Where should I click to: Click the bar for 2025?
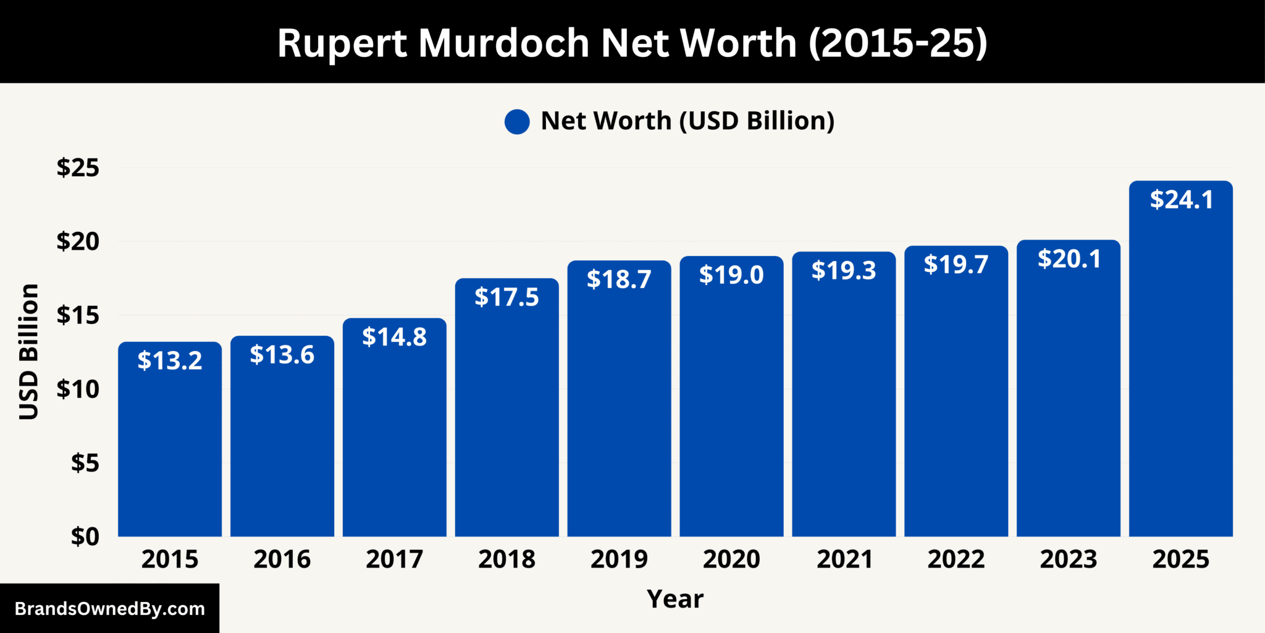click(1180, 371)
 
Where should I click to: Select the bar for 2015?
click(170, 445)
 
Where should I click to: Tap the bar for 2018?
click(506, 420)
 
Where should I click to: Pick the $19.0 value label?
click(731, 275)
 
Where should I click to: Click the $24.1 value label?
click(1181, 200)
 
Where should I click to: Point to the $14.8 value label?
click(394, 337)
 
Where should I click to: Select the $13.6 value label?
click(282, 355)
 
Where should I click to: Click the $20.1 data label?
click(1069, 259)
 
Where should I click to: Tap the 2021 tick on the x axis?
click(844, 559)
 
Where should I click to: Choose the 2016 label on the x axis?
click(282, 559)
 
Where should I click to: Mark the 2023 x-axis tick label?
click(1069, 559)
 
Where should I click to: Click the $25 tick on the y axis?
click(78, 168)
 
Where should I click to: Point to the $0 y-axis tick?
click(85, 537)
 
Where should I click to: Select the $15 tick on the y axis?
click(78, 315)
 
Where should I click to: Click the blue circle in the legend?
click(517, 122)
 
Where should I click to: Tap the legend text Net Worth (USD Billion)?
click(687, 121)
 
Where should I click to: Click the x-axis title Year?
click(675, 599)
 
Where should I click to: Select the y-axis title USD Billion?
click(29, 352)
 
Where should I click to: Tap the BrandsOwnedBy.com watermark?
click(109, 609)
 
